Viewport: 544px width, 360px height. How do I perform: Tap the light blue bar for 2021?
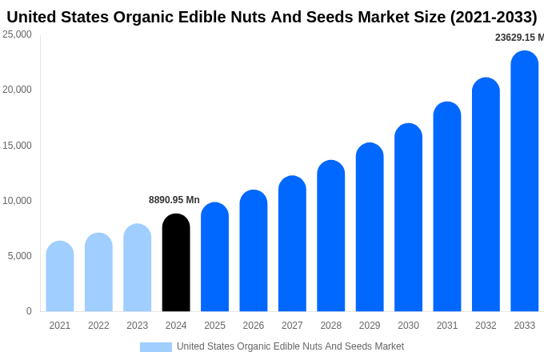(x=60, y=276)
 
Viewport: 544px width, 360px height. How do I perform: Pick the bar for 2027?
(x=292, y=243)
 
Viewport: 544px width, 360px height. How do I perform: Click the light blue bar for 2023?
(x=138, y=267)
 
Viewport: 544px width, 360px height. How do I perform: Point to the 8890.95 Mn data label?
(x=174, y=200)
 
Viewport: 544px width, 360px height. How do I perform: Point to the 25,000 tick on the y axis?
(x=17, y=34)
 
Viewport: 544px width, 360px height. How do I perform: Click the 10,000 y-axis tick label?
(x=17, y=201)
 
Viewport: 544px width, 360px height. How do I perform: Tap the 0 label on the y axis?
(x=29, y=311)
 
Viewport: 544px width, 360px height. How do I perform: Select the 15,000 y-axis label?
(x=17, y=146)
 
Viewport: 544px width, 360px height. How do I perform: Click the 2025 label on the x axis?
(x=214, y=326)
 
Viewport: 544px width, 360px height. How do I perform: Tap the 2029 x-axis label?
(x=370, y=326)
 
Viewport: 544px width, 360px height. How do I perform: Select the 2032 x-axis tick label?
(x=486, y=326)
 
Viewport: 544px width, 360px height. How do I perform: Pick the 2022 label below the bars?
(x=98, y=326)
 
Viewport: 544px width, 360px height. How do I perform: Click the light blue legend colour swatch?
(x=156, y=347)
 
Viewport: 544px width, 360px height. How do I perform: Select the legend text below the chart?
(x=290, y=346)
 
